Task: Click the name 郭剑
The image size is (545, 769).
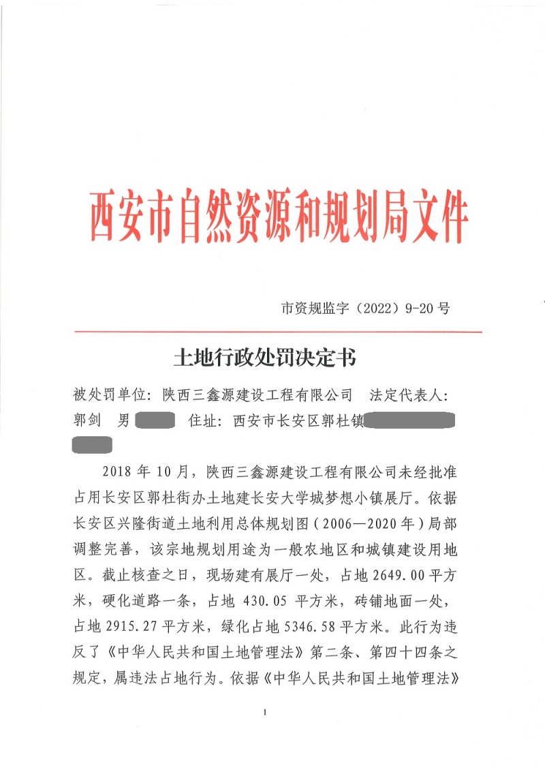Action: coord(87,421)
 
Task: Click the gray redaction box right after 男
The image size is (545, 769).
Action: coord(156,421)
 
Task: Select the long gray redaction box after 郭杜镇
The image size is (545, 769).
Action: coord(409,421)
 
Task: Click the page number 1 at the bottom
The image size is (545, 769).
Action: coord(263,712)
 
